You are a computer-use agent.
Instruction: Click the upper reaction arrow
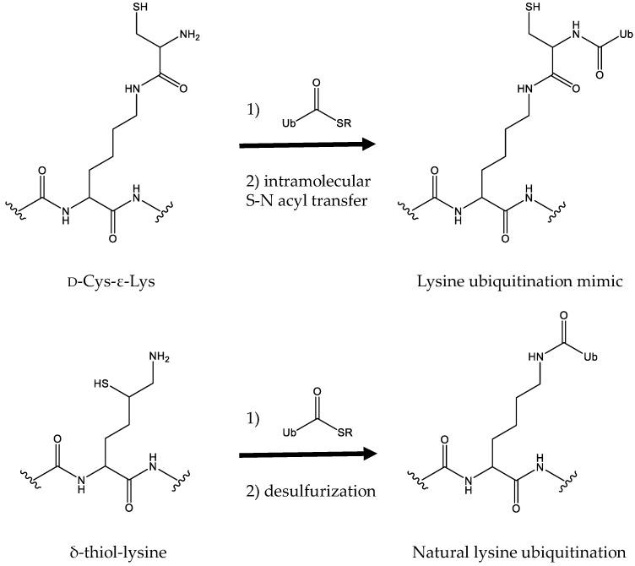tap(307, 145)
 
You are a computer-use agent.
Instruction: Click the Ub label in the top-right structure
tap(625, 35)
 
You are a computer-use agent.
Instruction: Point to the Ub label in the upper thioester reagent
tap(289, 123)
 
